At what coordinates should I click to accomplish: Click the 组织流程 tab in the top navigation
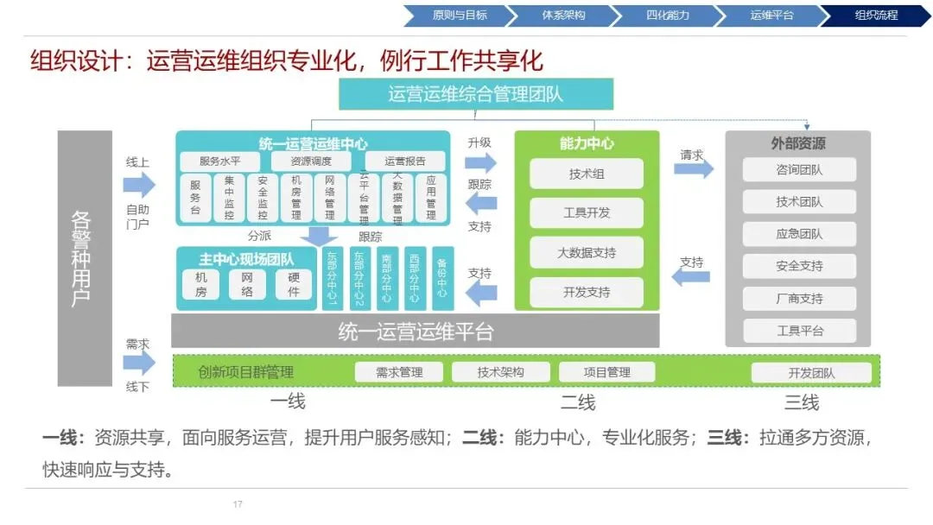pos(874,16)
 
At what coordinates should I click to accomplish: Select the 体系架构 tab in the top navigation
pos(563,16)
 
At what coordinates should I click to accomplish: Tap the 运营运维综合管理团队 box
pos(475,94)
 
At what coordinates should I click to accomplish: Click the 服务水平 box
pos(219,161)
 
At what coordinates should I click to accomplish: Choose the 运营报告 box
pos(405,161)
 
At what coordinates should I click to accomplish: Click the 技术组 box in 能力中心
pos(587,174)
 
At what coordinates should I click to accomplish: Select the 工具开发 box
pos(587,213)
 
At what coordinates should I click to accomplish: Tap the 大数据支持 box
pos(587,253)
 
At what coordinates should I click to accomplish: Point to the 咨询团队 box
pos(799,170)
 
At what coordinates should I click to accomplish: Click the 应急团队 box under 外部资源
pos(799,234)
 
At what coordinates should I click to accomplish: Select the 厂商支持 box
pos(799,299)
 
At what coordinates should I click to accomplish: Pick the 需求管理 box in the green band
pos(399,372)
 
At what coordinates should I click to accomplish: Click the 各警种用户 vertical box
pos(84,258)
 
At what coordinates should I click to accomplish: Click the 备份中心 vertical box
pos(441,279)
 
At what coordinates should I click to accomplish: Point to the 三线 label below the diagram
pos(801,402)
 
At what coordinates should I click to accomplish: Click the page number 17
pos(238,503)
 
